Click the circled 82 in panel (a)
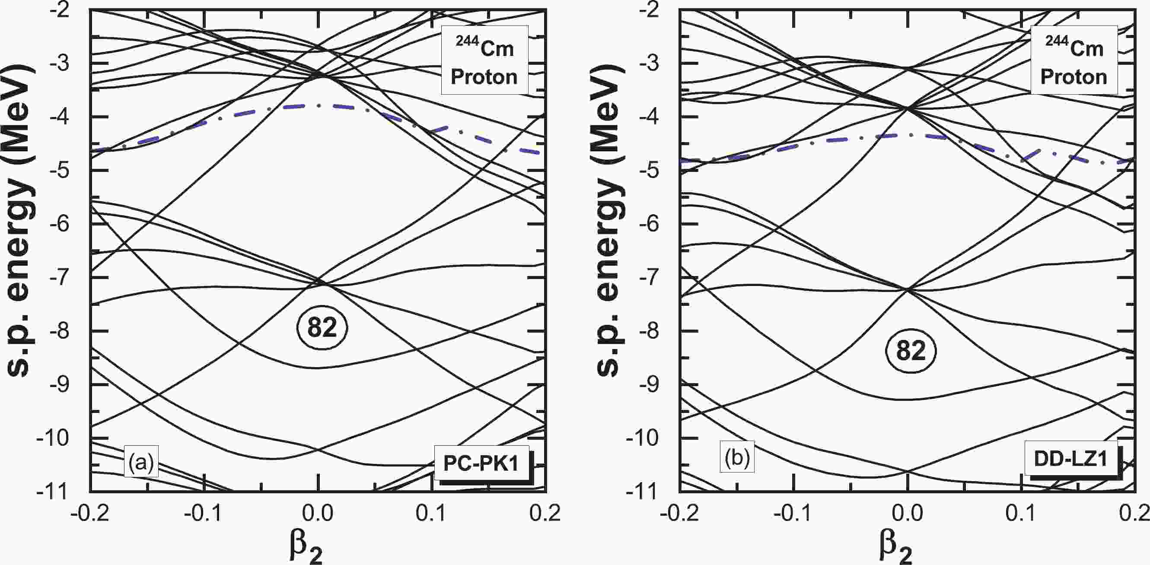click(x=322, y=328)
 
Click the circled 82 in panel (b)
click(x=911, y=351)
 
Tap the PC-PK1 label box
click(x=481, y=463)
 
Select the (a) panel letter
click(x=141, y=462)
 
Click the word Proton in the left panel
click(x=484, y=77)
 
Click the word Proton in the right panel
click(x=1074, y=77)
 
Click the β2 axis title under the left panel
click(x=306, y=548)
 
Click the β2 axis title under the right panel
click(x=895, y=548)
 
